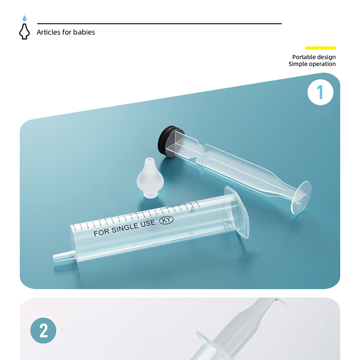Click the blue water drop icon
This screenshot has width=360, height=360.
pos(25,18)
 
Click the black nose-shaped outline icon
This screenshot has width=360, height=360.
pos(24,31)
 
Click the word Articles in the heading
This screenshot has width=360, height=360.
pos(49,32)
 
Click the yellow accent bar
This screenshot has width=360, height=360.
pos(320,48)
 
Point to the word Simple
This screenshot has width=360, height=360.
pos(297,64)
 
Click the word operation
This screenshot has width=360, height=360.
pos(321,64)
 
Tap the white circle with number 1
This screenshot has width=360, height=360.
pos(320,92)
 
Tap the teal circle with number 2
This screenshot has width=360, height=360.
pos(43,331)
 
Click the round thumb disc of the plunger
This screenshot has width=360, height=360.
pos(301,197)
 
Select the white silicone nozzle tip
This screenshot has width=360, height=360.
pos(150,177)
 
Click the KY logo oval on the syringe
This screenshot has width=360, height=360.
pos(166,220)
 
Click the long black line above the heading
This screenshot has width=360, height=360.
pos(159,23)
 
